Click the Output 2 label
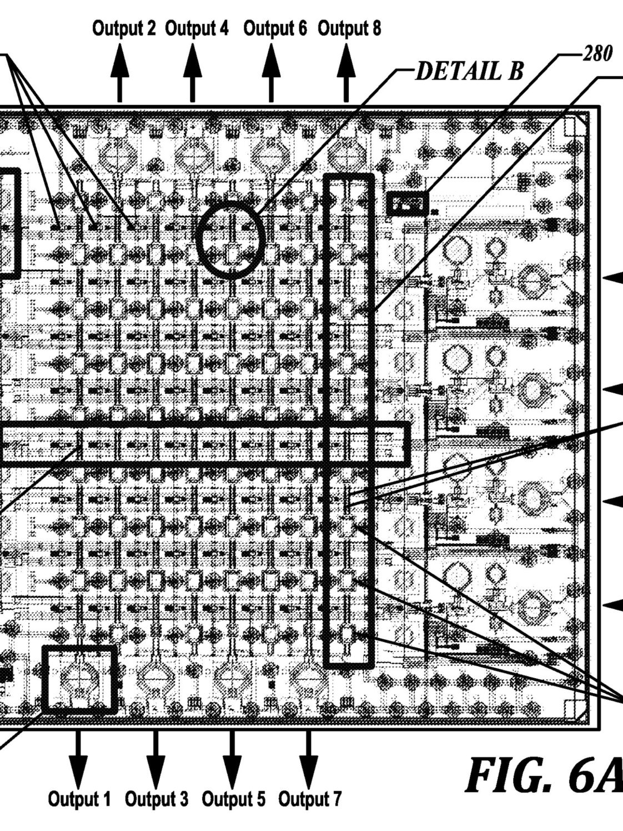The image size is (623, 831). (124, 29)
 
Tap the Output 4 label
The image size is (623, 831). (197, 29)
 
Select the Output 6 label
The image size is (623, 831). (275, 29)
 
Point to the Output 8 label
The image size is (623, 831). (349, 29)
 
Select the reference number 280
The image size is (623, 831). (597, 53)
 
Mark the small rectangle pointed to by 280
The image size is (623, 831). (408, 204)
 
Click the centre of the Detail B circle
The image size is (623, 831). (230, 239)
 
